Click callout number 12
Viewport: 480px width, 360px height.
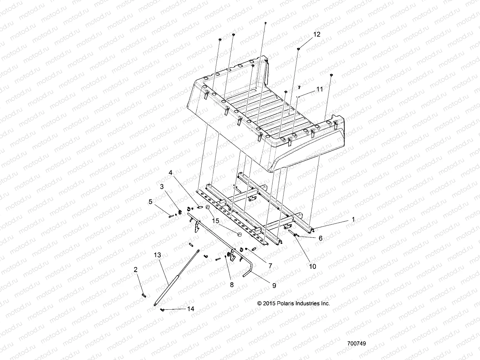click(x=317, y=34)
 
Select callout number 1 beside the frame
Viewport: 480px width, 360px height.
click(x=353, y=220)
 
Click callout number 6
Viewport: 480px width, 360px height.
click(x=320, y=238)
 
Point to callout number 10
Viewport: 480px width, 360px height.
click(x=313, y=266)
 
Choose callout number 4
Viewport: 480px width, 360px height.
click(x=170, y=172)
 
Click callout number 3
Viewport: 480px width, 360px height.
click(x=162, y=187)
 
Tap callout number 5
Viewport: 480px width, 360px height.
click(x=150, y=202)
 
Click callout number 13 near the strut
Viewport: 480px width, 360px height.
click(x=157, y=255)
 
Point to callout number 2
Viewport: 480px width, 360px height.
click(x=136, y=270)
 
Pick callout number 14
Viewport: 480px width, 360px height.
click(x=190, y=309)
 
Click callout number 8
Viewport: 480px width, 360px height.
click(x=232, y=285)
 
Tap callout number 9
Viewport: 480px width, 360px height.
click(x=274, y=286)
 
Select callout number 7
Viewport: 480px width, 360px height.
click(x=270, y=265)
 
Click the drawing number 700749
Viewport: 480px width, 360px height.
click(x=356, y=343)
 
